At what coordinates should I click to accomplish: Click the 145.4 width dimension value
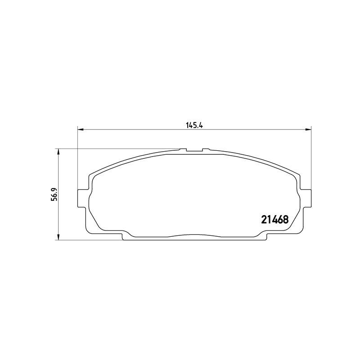point(194,126)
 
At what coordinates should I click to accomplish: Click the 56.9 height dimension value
point(54,194)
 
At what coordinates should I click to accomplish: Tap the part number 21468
point(275,220)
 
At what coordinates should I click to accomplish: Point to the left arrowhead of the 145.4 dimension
point(81,130)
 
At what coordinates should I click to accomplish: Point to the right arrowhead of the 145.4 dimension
point(309,130)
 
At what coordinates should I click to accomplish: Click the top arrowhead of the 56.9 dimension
point(58,152)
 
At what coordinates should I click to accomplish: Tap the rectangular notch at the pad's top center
point(194,150)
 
